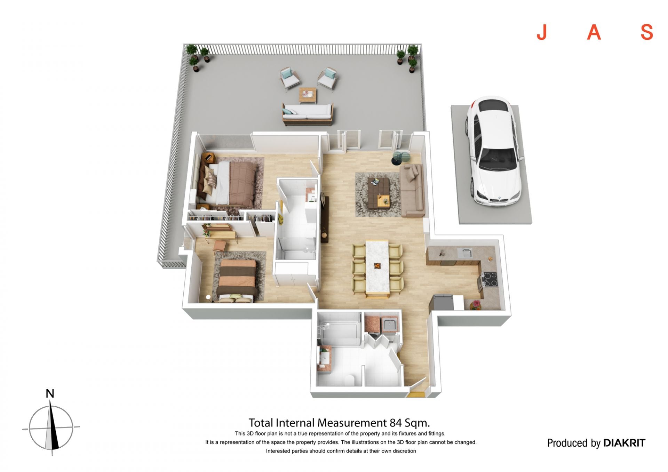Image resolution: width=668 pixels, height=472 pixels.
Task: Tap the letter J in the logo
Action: (x=542, y=32)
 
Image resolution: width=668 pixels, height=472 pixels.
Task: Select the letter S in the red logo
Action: (x=647, y=32)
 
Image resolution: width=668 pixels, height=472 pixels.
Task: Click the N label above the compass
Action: (x=50, y=393)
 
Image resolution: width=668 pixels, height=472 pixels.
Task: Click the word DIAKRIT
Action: (x=624, y=443)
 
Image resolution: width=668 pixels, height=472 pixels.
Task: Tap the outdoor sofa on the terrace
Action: (x=308, y=114)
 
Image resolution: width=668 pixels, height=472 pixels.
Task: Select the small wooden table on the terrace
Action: (x=308, y=95)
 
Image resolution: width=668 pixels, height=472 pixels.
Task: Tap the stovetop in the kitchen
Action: (x=490, y=279)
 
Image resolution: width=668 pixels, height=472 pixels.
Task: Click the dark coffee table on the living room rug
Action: (x=379, y=192)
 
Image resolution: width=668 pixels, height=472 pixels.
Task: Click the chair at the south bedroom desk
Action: (x=219, y=247)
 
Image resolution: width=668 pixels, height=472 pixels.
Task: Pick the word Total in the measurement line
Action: (x=261, y=423)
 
